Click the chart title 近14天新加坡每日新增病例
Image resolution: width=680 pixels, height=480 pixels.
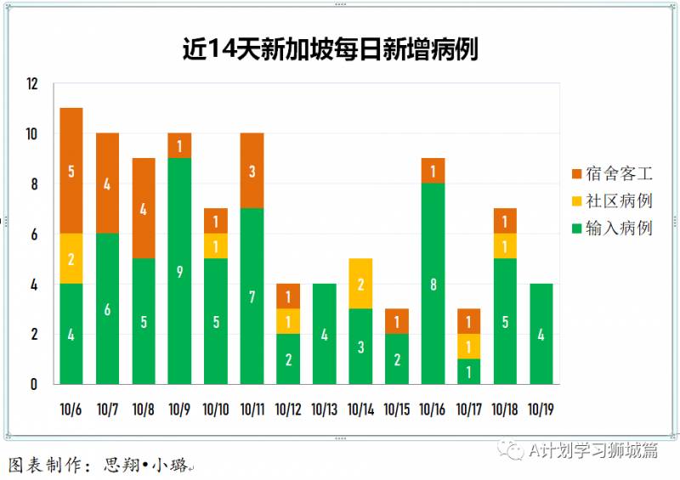tap(331, 48)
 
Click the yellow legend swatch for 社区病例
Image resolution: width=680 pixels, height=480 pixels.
tap(577, 201)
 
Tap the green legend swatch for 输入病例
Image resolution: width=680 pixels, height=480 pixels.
tap(577, 229)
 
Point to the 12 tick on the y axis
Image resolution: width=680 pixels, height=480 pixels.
tap(32, 84)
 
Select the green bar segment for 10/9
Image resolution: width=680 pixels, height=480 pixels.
tap(179, 271)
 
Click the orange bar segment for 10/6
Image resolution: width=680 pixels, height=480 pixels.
tap(71, 171)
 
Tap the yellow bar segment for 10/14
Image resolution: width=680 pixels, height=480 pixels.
tap(360, 284)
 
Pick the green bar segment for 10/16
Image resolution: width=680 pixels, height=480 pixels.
tap(433, 284)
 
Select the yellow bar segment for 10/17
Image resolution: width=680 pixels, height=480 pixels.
tap(468, 346)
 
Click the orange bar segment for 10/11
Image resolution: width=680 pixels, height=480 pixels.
tap(252, 171)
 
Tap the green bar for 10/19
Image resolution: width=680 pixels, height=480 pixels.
tap(541, 334)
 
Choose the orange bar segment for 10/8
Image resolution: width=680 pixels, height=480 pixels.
tap(144, 208)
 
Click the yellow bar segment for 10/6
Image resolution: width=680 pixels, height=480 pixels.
tap(71, 258)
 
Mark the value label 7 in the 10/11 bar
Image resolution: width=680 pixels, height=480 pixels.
tap(252, 296)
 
